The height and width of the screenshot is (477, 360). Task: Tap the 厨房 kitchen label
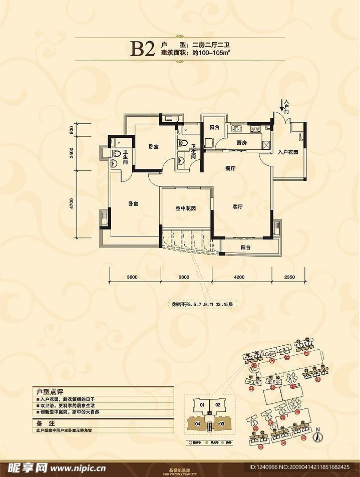[x=242, y=143]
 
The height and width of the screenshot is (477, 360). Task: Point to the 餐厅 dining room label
[x=230, y=169]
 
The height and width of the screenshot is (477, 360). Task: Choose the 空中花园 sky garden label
[x=185, y=208]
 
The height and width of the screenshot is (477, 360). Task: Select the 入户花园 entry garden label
[x=288, y=151]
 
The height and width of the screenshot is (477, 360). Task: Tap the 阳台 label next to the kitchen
[x=214, y=128]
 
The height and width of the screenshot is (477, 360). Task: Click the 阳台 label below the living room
[x=245, y=248]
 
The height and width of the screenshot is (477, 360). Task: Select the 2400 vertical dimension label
[x=72, y=152]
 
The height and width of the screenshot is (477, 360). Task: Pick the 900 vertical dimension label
[x=72, y=129]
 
